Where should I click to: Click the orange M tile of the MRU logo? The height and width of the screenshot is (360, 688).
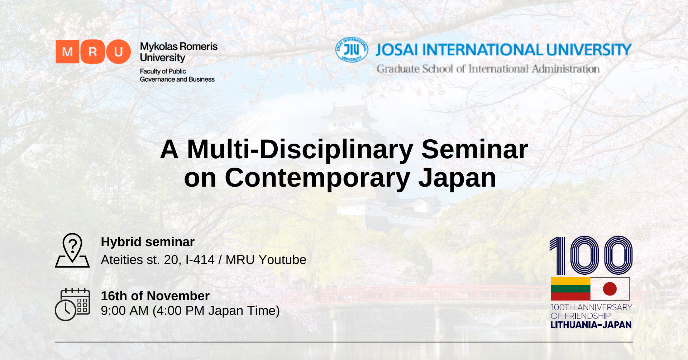(x=67, y=52)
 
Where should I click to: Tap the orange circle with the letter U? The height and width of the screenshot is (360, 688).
(x=119, y=52)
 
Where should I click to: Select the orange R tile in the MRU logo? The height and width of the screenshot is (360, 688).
(x=93, y=52)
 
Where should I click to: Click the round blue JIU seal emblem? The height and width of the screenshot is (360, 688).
(x=352, y=49)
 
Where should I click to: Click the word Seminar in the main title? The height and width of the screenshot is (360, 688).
(x=475, y=149)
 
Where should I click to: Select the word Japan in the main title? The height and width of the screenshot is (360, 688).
(x=457, y=178)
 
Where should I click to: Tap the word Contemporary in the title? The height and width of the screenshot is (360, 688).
(x=317, y=178)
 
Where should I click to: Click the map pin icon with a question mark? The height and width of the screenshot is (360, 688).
(x=72, y=250)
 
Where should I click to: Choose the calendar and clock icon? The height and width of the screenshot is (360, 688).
(x=72, y=304)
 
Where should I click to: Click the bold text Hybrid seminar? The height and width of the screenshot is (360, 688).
(x=148, y=242)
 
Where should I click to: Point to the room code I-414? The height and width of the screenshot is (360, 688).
(x=200, y=260)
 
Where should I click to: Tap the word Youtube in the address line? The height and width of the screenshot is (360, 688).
(x=282, y=260)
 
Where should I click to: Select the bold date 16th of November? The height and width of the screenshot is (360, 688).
(x=155, y=296)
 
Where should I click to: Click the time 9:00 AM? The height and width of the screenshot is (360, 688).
(x=125, y=311)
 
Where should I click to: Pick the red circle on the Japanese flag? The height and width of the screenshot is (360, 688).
(x=610, y=289)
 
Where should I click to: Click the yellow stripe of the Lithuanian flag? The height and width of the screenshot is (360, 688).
(x=570, y=281)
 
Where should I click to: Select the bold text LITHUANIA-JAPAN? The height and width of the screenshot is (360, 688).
(x=591, y=325)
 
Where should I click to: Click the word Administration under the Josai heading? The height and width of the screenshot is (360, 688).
(x=566, y=69)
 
